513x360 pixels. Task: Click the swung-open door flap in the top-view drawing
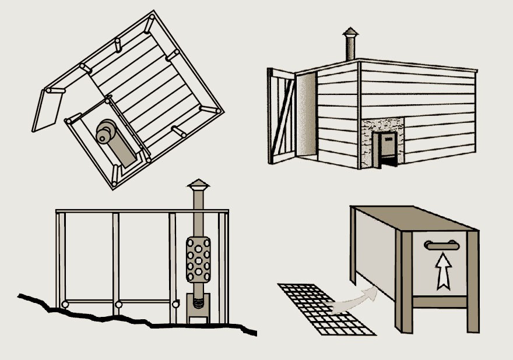tap(46, 111)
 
